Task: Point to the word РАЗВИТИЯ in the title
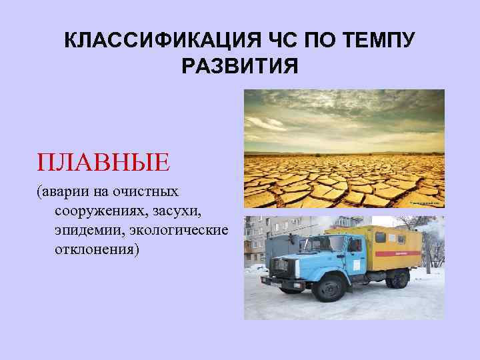click(x=240, y=67)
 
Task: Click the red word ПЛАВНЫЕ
click(x=103, y=162)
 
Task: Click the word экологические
click(x=180, y=231)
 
